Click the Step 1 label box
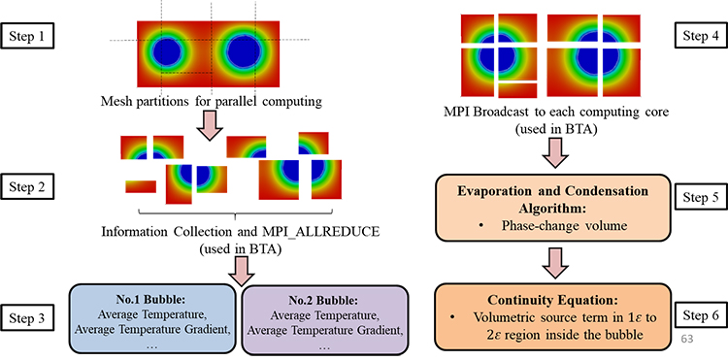[x=30, y=39]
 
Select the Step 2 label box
[x=30, y=184]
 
